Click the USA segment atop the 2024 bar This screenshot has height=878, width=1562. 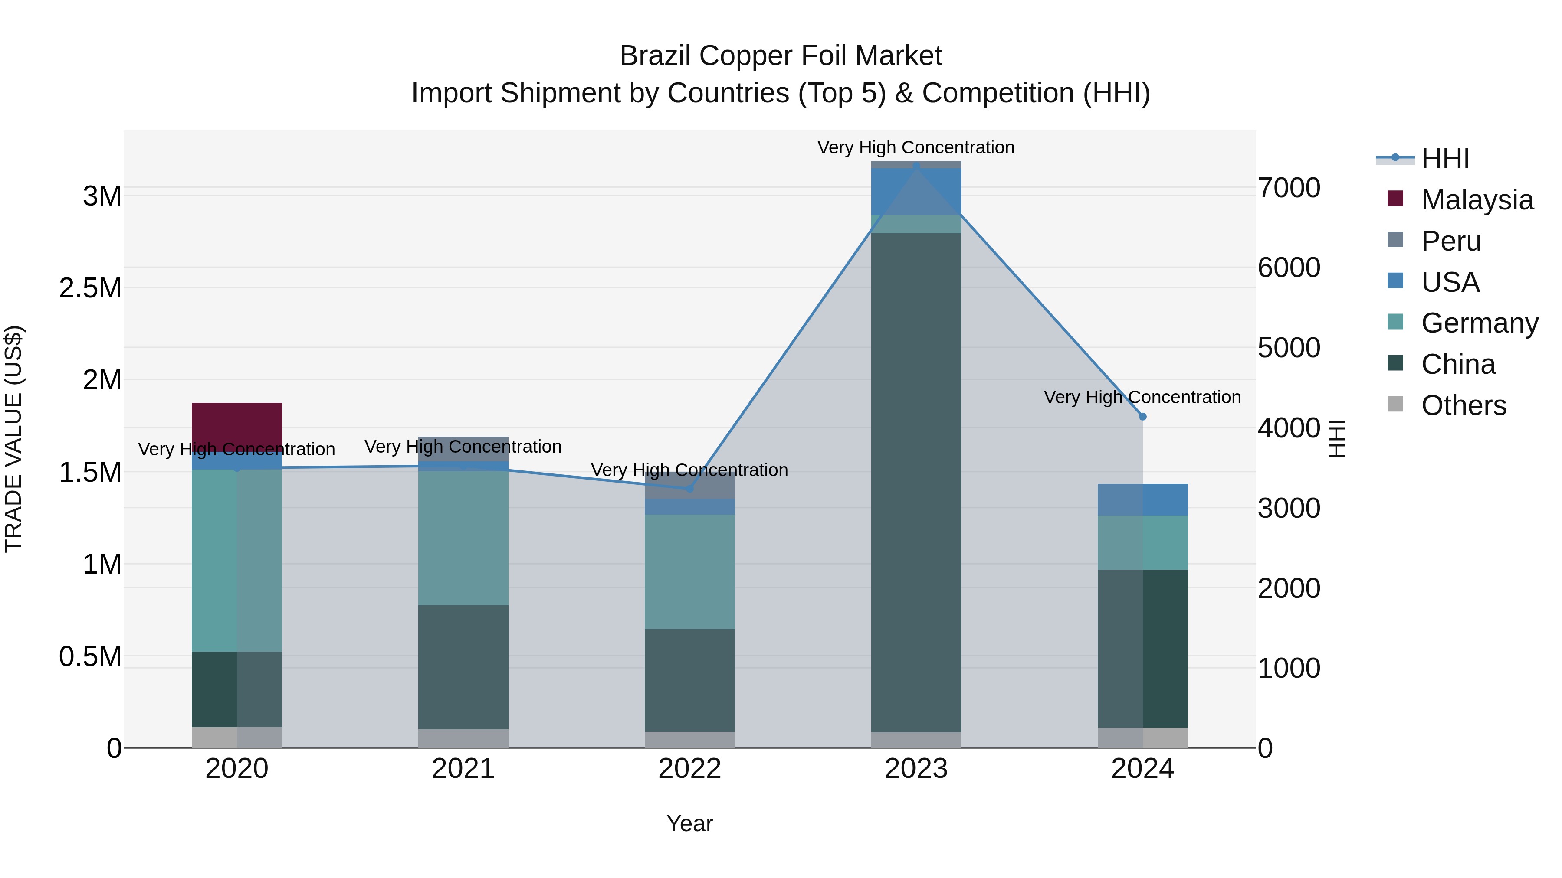pos(1142,499)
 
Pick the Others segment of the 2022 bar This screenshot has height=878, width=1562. pos(689,739)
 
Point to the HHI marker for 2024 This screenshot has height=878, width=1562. pos(1142,416)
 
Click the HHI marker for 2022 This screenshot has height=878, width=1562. pos(689,488)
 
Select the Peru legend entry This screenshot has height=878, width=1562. pos(1450,241)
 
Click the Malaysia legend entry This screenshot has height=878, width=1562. pos(1477,200)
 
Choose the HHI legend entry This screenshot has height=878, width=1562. pos(1444,159)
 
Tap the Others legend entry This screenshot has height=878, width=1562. pos(1463,405)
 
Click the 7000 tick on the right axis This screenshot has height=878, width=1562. pos(1289,188)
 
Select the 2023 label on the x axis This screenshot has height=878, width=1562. pos(916,769)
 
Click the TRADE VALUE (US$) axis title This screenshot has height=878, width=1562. pos(13,439)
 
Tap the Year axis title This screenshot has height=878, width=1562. pos(689,823)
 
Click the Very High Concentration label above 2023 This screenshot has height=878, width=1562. pos(916,147)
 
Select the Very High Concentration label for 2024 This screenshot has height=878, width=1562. pos(1142,397)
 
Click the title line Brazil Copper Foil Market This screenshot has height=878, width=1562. pos(781,56)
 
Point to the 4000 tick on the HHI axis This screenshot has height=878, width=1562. pos(1289,428)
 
